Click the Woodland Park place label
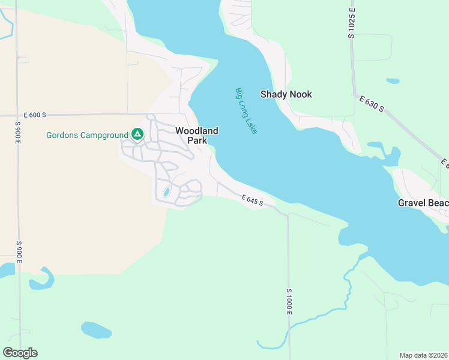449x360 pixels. click(196, 136)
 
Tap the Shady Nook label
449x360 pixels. click(286, 94)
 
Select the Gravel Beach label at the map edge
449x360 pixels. click(423, 203)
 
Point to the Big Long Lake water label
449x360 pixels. click(246, 111)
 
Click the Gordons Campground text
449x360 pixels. click(87, 135)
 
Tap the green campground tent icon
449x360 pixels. click(137, 134)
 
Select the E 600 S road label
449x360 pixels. click(35, 115)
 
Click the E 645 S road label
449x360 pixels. click(253, 200)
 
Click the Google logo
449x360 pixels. click(20, 353)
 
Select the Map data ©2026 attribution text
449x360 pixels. click(424, 355)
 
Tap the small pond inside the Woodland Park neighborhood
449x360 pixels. click(166, 193)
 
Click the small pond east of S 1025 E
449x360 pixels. click(393, 80)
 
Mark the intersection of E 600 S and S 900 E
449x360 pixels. click(18, 115)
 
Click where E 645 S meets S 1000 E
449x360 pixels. click(288, 213)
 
